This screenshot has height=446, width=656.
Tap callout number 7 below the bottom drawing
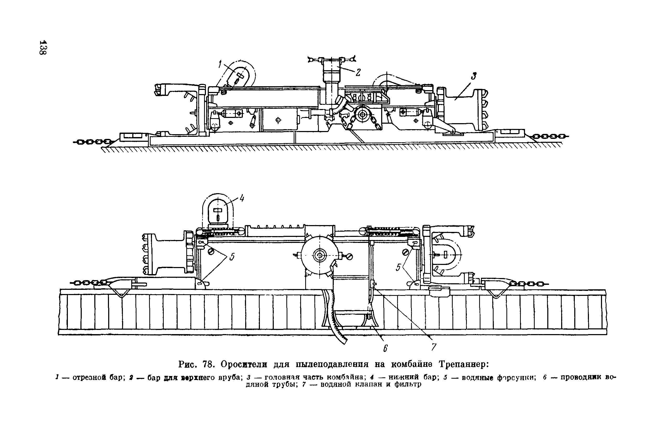point(434,347)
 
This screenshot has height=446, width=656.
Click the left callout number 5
point(232,257)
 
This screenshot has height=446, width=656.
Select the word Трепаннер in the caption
point(463,365)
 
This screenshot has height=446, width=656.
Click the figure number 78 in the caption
point(207,365)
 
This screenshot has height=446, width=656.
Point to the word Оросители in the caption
point(244,365)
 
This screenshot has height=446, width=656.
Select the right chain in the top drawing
point(550,137)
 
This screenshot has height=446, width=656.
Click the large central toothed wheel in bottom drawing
point(320,256)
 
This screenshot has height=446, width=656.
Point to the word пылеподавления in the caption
point(332,365)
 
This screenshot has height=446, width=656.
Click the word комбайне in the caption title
point(412,365)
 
